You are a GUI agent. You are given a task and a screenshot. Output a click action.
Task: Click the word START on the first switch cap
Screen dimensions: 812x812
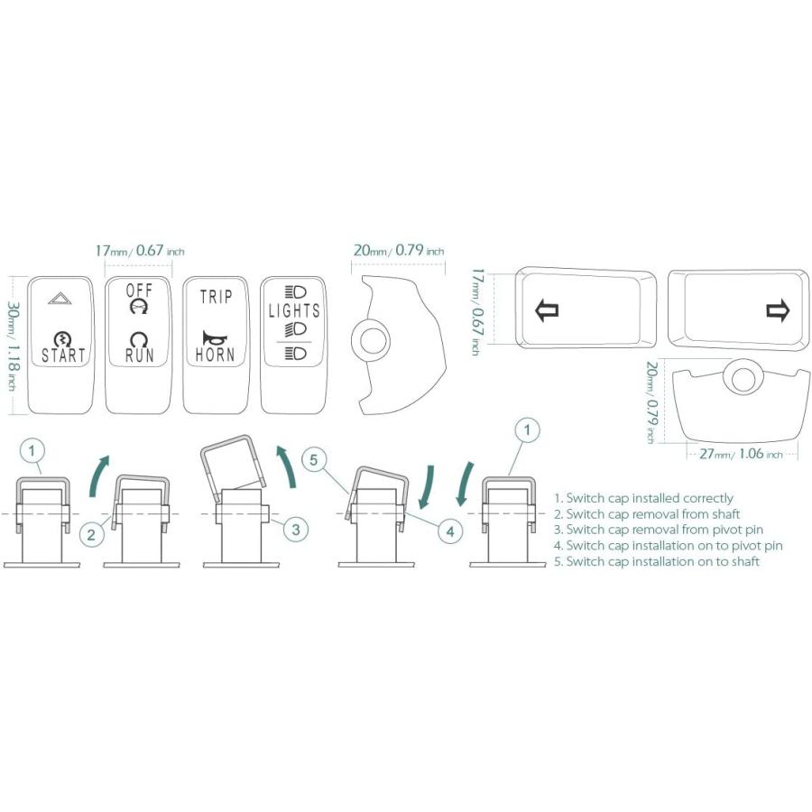tap(62, 355)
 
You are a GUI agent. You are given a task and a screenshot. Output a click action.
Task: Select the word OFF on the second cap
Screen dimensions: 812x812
tap(139, 291)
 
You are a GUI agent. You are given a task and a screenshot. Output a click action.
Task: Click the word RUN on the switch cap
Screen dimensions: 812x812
tap(139, 355)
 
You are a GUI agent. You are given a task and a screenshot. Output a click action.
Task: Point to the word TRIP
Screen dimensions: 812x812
tap(216, 297)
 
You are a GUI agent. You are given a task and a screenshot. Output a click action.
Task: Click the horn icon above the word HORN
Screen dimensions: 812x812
tap(215, 337)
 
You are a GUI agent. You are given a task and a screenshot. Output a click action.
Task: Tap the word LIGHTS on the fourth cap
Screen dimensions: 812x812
tap(293, 310)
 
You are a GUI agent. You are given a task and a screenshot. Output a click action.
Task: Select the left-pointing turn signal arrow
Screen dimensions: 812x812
tap(547, 309)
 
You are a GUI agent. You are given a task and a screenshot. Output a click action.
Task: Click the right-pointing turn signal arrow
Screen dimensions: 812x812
tap(778, 310)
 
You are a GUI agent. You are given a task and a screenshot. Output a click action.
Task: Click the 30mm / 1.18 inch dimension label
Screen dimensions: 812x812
tap(13, 346)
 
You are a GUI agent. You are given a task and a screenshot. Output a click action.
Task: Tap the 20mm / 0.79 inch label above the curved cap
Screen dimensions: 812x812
tap(398, 251)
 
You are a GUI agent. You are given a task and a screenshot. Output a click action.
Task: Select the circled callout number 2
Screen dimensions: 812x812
tap(91, 534)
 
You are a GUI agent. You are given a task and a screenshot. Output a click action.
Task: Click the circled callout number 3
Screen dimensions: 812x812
tap(296, 530)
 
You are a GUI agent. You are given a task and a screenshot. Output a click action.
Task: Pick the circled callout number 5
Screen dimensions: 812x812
tap(314, 459)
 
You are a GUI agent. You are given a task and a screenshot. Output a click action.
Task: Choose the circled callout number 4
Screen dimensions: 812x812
tap(450, 531)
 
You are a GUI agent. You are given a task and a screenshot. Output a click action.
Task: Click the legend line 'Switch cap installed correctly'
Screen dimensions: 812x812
tap(643, 498)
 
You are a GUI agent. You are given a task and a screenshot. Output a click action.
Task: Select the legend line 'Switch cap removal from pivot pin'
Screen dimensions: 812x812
tap(659, 530)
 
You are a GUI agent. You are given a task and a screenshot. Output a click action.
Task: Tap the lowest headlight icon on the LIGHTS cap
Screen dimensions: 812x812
tap(296, 355)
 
